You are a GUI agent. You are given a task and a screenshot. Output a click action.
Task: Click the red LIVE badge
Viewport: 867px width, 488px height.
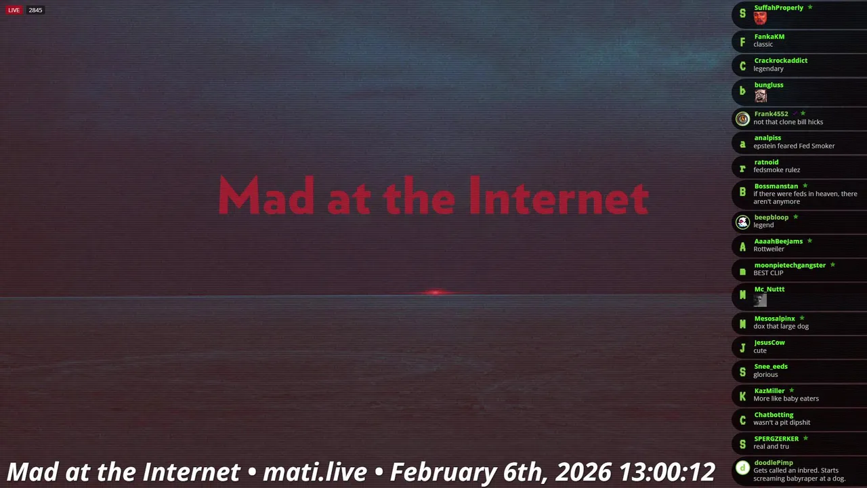pyautogui.click(x=14, y=10)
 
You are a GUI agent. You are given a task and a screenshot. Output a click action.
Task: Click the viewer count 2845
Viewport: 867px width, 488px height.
pyautogui.click(x=35, y=10)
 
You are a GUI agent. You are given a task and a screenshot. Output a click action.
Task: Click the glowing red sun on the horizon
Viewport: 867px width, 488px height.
pyautogui.click(x=436, y=292)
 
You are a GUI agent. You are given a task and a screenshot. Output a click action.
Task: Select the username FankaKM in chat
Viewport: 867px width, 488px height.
pyautogui.click(x=769, y=37)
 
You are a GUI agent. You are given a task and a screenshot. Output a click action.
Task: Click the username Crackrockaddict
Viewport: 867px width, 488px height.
pyautogui.click(x=780, y=60)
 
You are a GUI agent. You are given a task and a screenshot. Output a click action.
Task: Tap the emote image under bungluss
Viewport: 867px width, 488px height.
pyautogui.click(x=760, y=96)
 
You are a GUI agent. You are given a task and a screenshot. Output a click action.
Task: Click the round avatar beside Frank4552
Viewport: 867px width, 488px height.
pyautogui.click(x=742, y=119)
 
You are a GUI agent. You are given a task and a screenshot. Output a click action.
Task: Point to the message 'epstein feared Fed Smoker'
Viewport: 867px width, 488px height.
pyautogui.click(x=794, y=146)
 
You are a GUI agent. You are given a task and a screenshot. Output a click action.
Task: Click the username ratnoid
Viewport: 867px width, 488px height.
pyautogui.click(x=766, y=162)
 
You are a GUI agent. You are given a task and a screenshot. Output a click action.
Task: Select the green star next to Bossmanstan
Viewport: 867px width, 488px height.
pyautogui.click(x=805, y=186)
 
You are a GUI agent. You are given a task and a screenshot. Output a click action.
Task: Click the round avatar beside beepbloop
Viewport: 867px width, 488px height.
pyautogui.click(x=742, y=222)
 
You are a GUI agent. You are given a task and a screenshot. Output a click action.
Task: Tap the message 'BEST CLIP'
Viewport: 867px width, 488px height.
pyautogui.click(x=768, y=273)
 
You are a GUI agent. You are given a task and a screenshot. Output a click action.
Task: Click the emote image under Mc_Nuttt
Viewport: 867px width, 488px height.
pyautogui.click(x=760, y=300)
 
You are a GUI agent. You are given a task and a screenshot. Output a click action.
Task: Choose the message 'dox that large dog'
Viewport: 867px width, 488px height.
pyautogui.click(x=781, y=327)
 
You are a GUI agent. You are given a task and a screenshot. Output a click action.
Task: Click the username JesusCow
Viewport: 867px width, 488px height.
pyautogui.click(x=769, y=342)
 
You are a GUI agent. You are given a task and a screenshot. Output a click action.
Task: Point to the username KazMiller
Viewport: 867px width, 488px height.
pyautogui.click(x=769, y=391)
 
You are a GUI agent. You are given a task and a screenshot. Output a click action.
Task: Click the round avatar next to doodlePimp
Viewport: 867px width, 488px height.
pyautogui.click(x=742, y=468)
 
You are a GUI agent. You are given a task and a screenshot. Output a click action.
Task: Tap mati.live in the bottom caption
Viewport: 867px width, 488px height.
pyautogui.click(x=315, y=472)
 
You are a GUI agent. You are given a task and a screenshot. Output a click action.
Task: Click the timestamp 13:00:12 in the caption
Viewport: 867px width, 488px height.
pyautogui.click(x=667, y=472)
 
